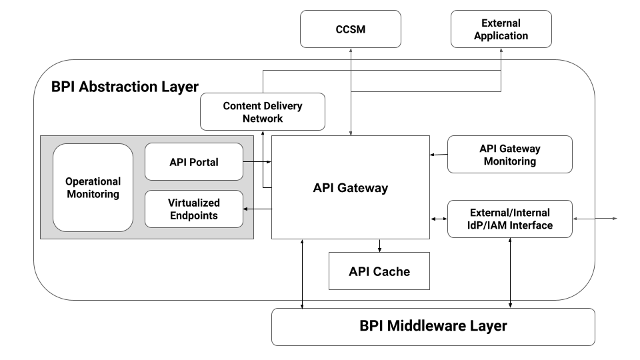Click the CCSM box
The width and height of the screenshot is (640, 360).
(x=351, y=29)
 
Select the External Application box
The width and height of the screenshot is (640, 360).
(x=501, y=29)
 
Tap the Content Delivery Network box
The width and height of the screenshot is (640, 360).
(x=262, y=111)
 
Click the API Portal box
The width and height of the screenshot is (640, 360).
(x=193, y=161)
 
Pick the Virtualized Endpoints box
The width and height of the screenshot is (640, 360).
(x=193, y=209)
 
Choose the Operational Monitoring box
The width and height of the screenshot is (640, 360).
(x=93, y=187)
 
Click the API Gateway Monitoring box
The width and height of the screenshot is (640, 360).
(x=509, y=155)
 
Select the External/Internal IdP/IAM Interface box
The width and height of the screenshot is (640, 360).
(x=509, y=219)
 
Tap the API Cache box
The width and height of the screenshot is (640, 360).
(x=379, y=271)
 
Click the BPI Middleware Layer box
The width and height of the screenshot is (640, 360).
(x=433, y=327)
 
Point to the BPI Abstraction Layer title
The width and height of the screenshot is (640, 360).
(x=125, y=87)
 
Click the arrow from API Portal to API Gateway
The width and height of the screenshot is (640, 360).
(x=257, y=161)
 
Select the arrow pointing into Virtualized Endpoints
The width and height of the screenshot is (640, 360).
(x=257, y=209)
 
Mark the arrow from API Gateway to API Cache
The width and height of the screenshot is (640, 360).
(x=379, y=245)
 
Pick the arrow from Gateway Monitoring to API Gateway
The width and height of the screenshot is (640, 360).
(x=438, y=155)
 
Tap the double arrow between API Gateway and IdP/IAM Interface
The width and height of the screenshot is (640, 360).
(x=438, y=219)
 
